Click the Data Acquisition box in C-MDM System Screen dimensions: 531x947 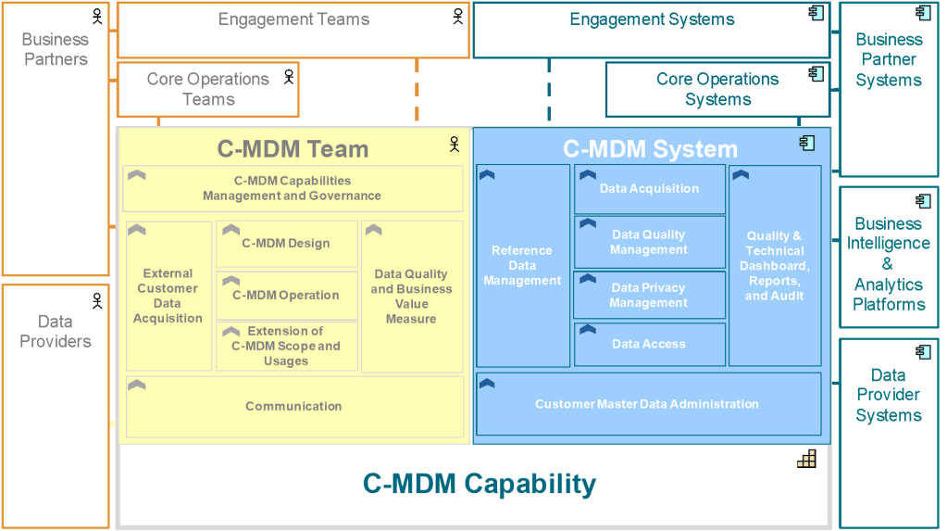pyautogui.click(x=649, y=189)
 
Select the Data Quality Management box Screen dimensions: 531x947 pyautogui.click(x=649, y=243)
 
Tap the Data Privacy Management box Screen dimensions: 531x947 pyautogui.click(x=649, y=295)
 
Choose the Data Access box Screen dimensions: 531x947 pyautogui.click(x=649, y=344)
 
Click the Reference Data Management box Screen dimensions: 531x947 pyautogui.click(x=522, y=266)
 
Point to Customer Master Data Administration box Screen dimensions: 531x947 pyautogui.click(x=647, y=404)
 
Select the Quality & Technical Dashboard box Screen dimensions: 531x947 pyautogui.click(x=775, y=266)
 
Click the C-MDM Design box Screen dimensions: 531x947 pyautogui.click(x=286, y=244)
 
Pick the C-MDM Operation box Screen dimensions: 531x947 pyautogui.click(x=286, y=296)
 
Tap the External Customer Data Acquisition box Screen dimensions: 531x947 pyautogui.click(x=168, y=296)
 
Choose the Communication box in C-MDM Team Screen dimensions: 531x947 pyautogui.click(x=293, y=406)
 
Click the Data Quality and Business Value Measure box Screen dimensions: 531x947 pyautogui.click(x=411, y=297)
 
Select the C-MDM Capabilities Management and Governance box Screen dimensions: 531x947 pyautogui.click(x=293, y=188)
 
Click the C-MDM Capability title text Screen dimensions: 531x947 pyautogui.click(x=479, y=483)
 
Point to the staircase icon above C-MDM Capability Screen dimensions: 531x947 pyautogui.click(x=806, y=458)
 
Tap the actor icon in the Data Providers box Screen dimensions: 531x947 pyautogui.click(x=97, y=300)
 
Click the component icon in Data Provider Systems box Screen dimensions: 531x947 pyautogui.click(x=923, y=352)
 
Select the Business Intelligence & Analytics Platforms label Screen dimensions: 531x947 pyautogui.click(x=888, y=264)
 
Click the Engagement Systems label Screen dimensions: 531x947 pyautogui.click(x=652, y=19)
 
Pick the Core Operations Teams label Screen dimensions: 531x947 pyautogui.click(x=208, y=89)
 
